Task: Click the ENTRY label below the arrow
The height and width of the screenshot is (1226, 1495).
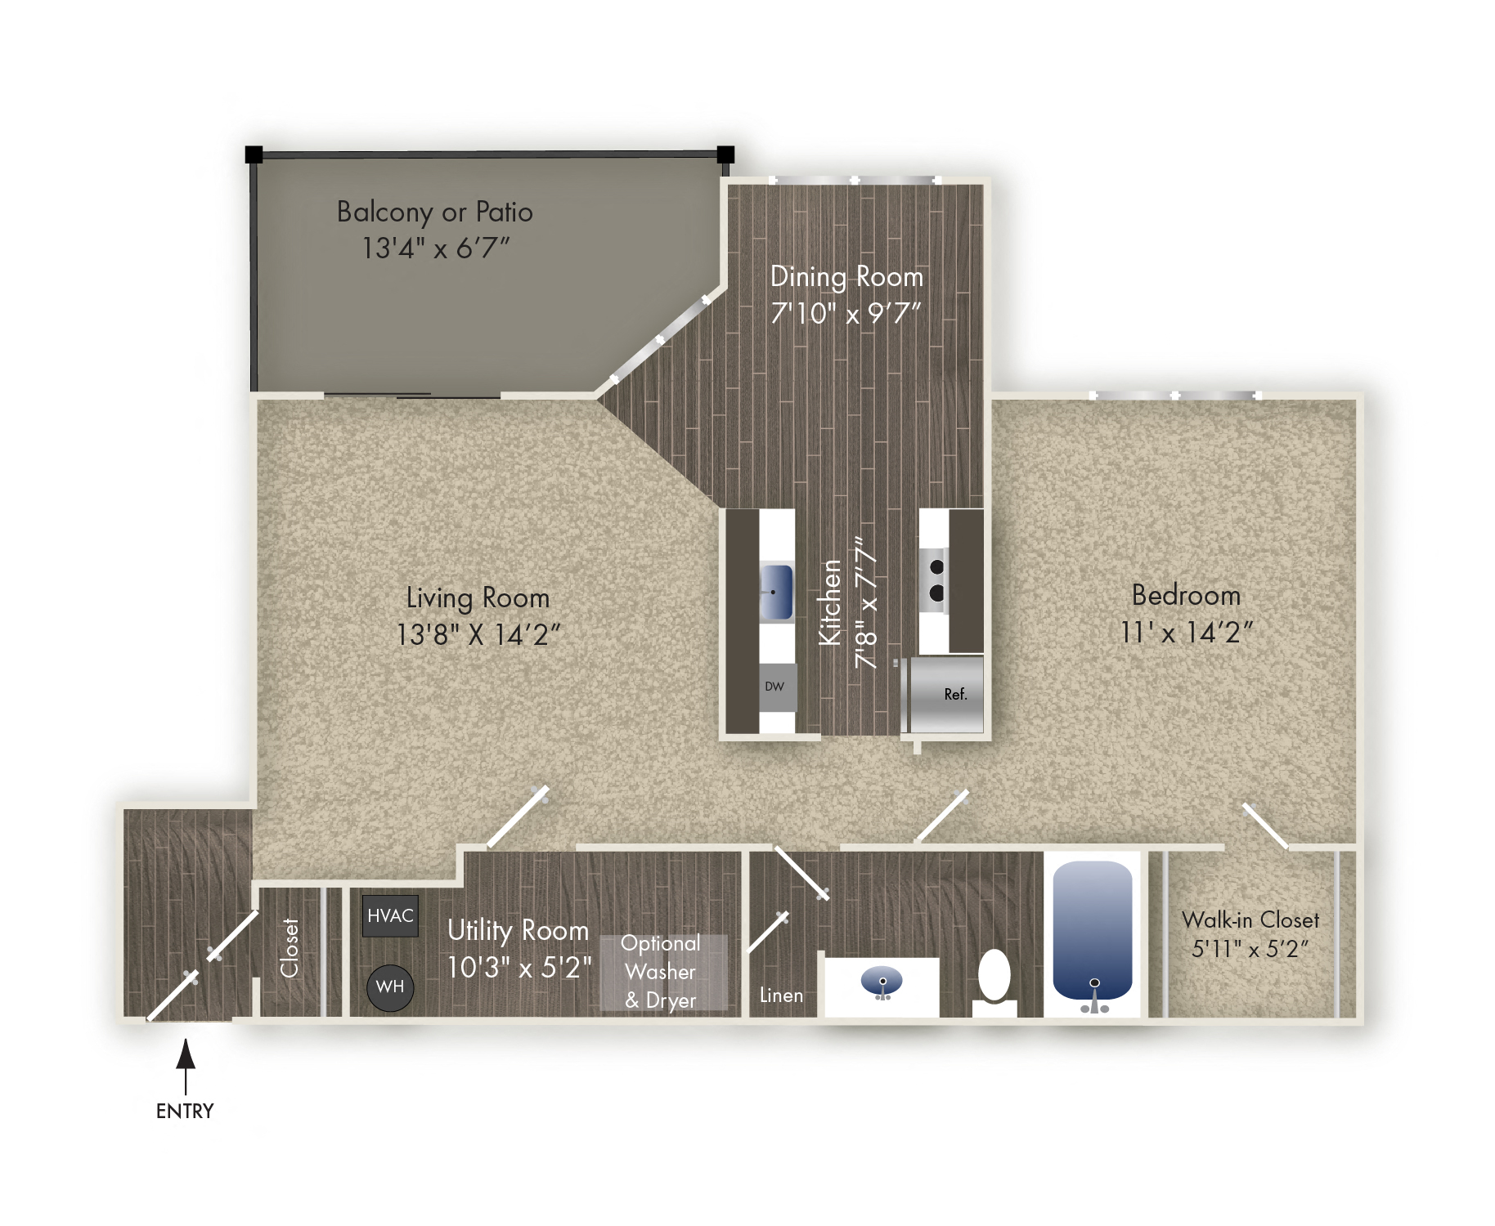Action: click(185, 1111)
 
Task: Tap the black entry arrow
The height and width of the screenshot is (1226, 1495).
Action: click(186, 1063)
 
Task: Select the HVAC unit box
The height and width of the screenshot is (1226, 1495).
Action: click(390, 915)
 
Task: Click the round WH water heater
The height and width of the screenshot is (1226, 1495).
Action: click(390, 987)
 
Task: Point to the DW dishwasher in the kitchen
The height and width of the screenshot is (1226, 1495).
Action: click(776, 687)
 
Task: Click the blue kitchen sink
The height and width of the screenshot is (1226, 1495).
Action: click(776, 592)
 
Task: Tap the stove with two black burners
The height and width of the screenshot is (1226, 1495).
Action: click(934, 580)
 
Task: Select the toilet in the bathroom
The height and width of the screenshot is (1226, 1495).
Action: click(994, 977)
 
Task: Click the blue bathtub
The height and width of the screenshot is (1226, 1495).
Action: click(1092, 932)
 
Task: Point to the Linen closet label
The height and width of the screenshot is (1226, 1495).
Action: click(781, 996)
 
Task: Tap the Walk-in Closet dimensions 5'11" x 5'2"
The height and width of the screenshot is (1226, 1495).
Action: click(1250, 949)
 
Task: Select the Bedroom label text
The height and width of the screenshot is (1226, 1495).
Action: click(1186, 595)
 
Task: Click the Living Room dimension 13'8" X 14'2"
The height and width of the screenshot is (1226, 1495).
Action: click(478, 634)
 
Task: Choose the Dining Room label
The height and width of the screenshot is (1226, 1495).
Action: click(846, 277)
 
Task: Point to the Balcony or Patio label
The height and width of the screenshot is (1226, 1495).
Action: click(435, 212)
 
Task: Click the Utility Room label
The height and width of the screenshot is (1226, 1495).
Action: click(518, 930)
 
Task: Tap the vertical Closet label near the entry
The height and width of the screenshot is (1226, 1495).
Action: click(290, 948)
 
